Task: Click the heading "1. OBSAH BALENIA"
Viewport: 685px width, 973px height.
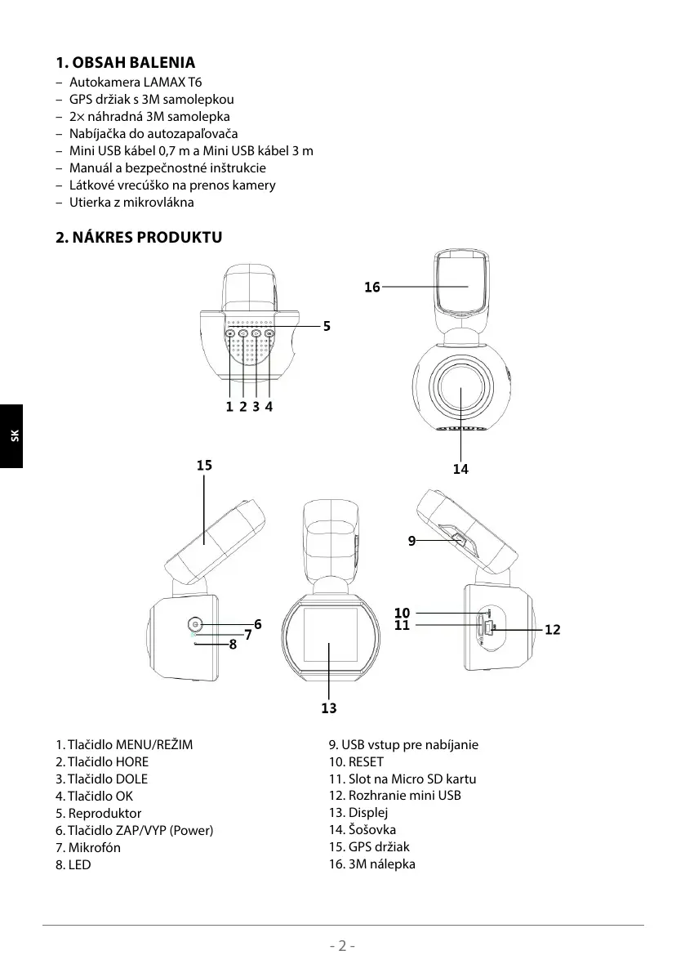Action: coord(125,63)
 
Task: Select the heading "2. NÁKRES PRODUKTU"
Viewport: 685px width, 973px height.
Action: coord(138,238)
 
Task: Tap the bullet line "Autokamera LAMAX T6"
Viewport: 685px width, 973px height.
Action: coord(136,83)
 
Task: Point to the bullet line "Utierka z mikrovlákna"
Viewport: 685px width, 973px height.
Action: coord(131,202)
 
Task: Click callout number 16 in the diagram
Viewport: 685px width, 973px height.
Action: coord(372,288)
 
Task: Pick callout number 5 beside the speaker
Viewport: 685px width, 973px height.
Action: coord(327,326)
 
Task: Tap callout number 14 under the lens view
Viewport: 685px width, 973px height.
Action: coord(461,469)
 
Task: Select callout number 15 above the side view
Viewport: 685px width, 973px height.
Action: coord(204,466)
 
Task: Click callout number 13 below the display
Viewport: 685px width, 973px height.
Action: coord(329,708)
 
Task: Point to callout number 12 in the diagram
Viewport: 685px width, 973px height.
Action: coord(553,630)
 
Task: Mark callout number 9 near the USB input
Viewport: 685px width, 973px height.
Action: coord(412,540)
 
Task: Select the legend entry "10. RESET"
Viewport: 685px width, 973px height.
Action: coord(356,761)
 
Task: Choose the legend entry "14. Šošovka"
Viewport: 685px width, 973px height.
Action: coord(363,830)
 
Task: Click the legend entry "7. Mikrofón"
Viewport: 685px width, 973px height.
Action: coord(88,847)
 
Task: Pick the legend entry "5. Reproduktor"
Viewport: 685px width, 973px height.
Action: coord(98,813)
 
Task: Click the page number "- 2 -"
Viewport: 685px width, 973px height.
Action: coord(343,946)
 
